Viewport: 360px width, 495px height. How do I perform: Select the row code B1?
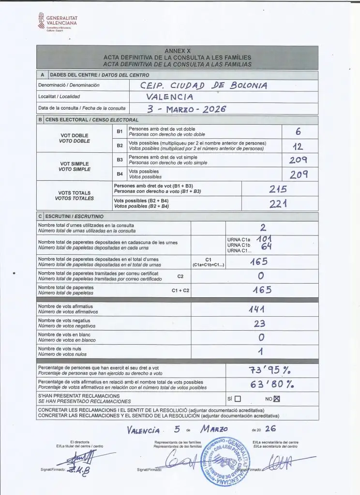(120, 131)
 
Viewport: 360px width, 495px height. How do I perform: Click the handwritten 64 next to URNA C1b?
(265, 247)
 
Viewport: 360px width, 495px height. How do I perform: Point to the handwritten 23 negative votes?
(260, 324)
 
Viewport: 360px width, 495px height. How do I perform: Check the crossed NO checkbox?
(277, 399)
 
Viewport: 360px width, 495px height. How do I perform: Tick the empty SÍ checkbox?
(238, 399)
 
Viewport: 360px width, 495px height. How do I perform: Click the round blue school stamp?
(225, 463)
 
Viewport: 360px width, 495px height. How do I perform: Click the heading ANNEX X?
(174, 51)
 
